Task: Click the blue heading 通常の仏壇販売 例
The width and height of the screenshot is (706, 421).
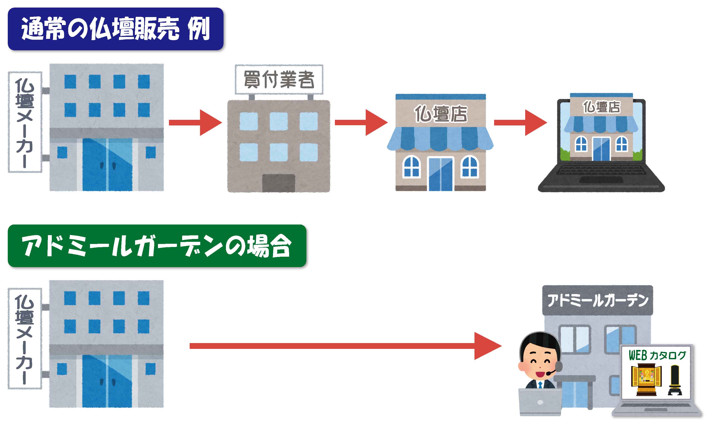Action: (115, 29)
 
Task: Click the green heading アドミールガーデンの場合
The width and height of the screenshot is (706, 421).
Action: (157, 246)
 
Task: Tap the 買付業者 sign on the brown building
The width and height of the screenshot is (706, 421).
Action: (279, 79)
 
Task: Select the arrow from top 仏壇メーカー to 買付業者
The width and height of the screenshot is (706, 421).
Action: (195, 123)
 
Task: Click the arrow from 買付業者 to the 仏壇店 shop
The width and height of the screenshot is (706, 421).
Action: (361, 123)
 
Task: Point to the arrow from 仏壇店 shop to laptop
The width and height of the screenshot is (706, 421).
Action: (520, 123)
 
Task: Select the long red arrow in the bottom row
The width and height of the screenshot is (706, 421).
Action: (345, 346)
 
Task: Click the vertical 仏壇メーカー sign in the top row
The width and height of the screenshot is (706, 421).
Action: (25, 122)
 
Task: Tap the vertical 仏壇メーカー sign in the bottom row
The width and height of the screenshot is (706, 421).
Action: (25, 339)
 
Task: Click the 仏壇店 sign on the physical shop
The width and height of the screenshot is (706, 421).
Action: (441, 114)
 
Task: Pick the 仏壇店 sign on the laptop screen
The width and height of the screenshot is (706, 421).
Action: (601, 107)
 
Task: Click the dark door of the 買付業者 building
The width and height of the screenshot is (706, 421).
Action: (278, 183)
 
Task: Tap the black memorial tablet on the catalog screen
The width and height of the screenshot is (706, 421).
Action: (675, 380)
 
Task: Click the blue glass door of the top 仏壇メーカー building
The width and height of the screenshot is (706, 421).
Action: (107, 165)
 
